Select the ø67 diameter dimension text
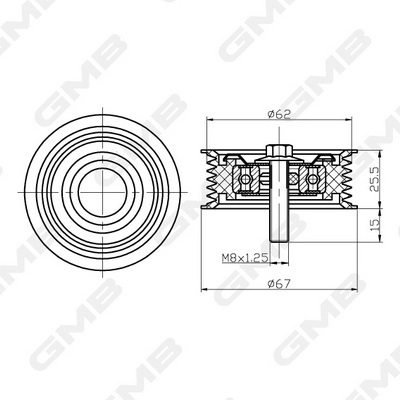[279, 283]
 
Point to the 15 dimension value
[373, 227]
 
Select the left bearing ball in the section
[246, 180]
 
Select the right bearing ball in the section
[312, 180]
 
